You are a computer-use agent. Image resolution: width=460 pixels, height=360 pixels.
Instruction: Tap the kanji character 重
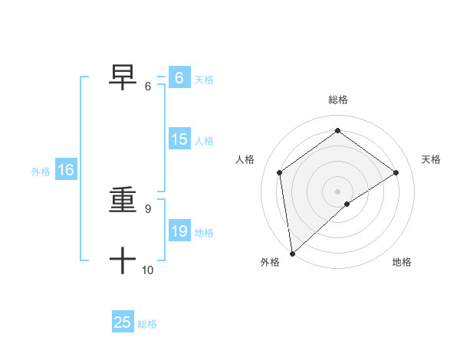point(123,201)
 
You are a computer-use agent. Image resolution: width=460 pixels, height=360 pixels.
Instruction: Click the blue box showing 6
point(179,78)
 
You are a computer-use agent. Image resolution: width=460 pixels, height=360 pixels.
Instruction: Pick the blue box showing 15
point(179,139)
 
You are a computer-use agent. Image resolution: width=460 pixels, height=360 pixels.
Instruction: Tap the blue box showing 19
point(179,231)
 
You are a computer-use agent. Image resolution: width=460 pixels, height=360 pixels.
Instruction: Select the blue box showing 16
point(65,170)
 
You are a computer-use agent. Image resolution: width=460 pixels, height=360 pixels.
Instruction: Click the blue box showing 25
point(123,322)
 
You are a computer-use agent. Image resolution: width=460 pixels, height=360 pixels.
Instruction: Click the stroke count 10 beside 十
point(148,270)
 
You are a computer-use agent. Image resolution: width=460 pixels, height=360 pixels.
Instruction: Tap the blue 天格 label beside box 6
point(204,80)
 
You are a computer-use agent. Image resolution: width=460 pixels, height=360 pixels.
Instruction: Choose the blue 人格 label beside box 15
point(204,141)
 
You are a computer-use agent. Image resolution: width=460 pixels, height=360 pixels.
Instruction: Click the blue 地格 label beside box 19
point(204,233)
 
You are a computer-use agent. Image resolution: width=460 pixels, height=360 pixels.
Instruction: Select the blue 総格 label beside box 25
point(148,324)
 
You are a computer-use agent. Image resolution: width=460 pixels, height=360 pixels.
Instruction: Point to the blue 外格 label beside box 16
point(41,172)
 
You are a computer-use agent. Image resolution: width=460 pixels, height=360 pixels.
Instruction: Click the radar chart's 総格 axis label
point(337,100)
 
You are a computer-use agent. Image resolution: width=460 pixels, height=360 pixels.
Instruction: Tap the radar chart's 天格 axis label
point(431,159)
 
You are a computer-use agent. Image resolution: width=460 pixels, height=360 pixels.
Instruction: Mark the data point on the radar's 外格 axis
point(292,253)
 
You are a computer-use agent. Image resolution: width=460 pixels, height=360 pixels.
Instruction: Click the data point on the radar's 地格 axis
point(347,204)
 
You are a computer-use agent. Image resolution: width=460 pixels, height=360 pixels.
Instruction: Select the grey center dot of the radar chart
point(337,191)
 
